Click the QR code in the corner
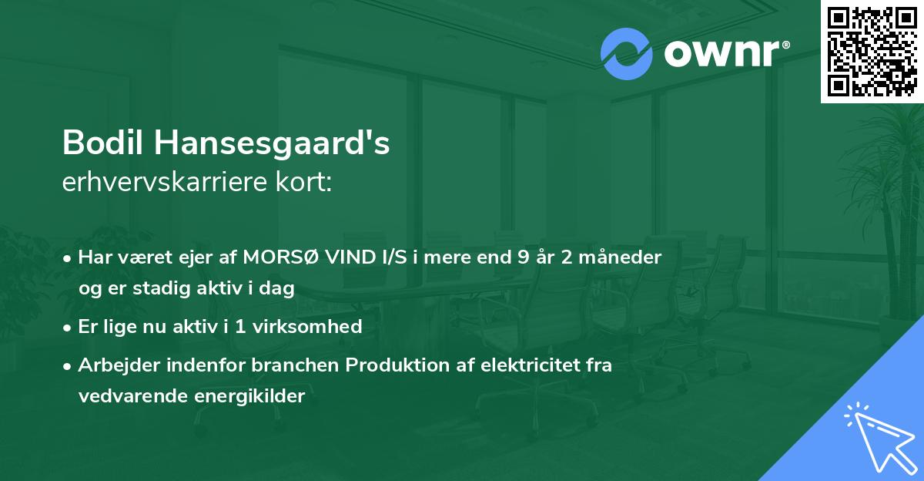pos(872,51)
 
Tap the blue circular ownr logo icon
pos(625,54)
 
